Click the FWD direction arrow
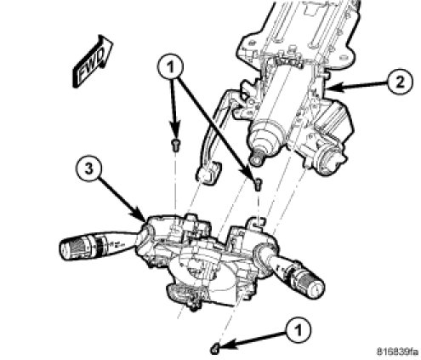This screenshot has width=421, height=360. pyautogui.click(x=93, y=61)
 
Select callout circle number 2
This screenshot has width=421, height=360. pyautogui.click(x=400, y=83)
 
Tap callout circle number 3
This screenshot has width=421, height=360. pyautogui.click(x=89, y=169)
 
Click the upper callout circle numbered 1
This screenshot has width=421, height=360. pyautogui.click(x=170, y=67)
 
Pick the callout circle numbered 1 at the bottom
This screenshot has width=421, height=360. pyautogui.click(x=299, y=330)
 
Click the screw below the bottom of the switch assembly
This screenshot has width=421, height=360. pyautogui.click(x=214, y=349)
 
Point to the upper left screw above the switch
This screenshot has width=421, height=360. pyautogui.click(x=176, y=146)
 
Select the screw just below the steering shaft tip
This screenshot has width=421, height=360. pyautogui.click(x=258, y=185)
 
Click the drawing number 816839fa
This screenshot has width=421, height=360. pyautogui.click(x=397, y=351)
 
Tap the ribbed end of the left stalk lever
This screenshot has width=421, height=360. pyautogui.click(x=76, y=246)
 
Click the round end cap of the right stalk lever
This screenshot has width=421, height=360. pyautogui.click(x=316, y=289)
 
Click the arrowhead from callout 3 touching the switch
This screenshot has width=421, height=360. pyautogui.click(x=141, y=217)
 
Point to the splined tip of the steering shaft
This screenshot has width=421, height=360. pyautogui.click(x=256, y=159)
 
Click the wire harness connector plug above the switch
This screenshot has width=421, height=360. pyautogui.click(x=208, y=173)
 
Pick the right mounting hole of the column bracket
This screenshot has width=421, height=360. pyautogui.click(x=344, y=58)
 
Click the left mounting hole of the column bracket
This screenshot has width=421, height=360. pyautogui.click(x=251, y=43)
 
